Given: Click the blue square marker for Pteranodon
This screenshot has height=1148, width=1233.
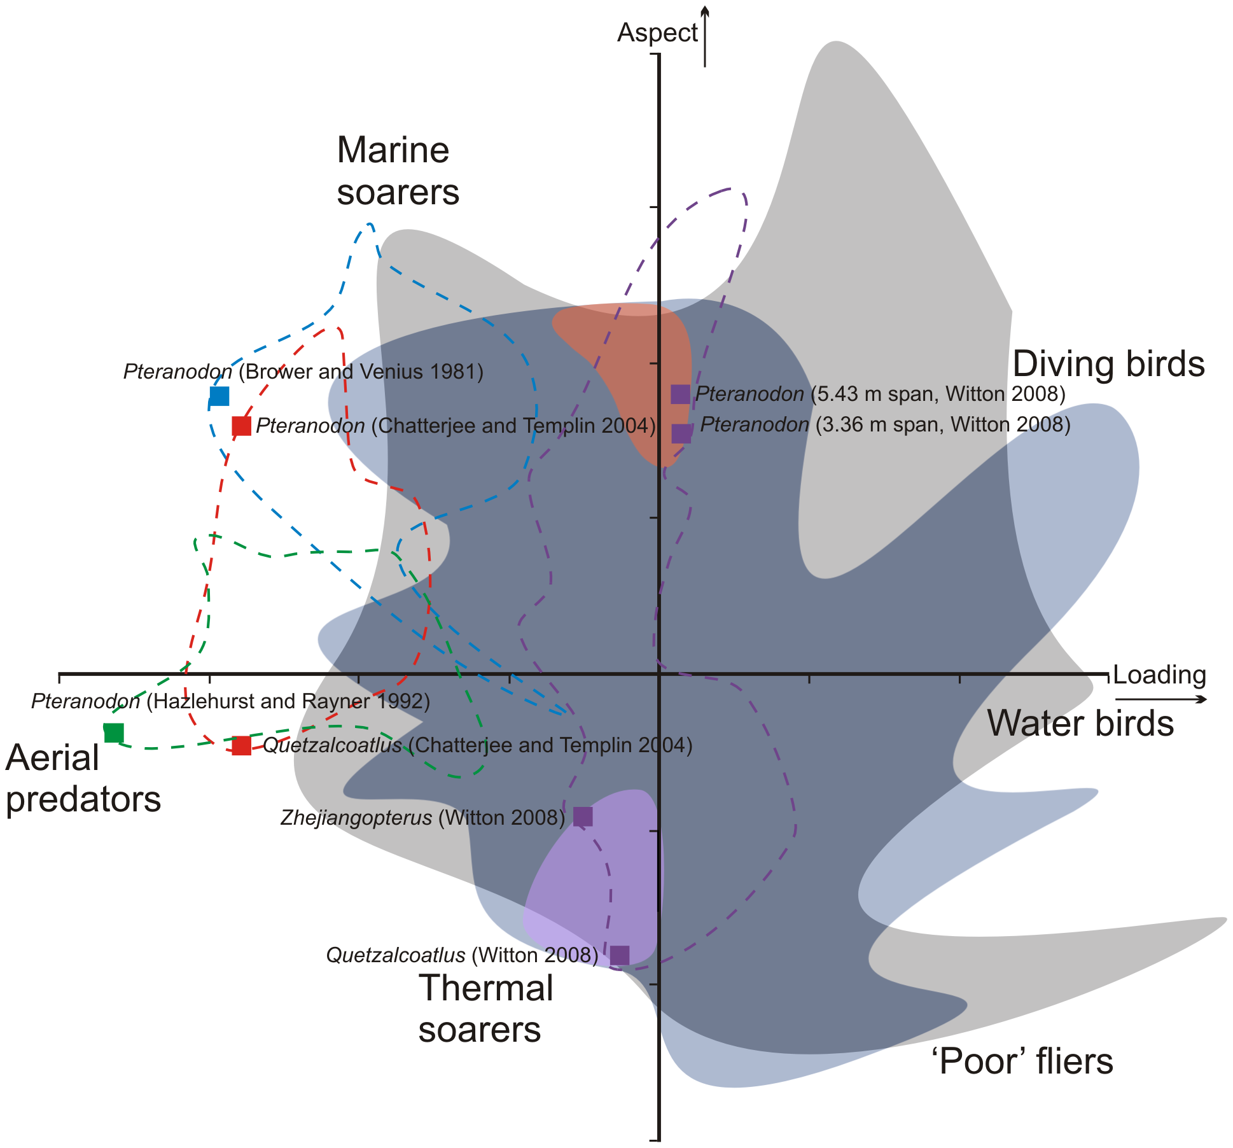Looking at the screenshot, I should (x=219, y=396).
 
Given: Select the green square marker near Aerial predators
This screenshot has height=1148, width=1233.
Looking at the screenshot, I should (x=113, y=732).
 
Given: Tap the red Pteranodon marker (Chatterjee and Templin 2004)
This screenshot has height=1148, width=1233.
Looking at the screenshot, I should (x=241, y=426).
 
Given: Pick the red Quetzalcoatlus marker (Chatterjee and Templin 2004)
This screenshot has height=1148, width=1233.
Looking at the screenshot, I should (x=241, y=745).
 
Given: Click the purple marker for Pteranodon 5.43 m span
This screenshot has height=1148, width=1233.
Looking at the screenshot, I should (x=680, y=394).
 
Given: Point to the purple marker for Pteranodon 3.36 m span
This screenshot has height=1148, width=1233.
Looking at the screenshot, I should (x=681, y=433).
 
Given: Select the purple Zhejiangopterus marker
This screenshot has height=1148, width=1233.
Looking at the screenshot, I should (x=583, y=816).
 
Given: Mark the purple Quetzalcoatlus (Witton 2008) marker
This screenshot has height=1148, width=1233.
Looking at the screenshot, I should (x=620, y=955).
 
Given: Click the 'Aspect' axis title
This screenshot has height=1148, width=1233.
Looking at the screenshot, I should (x=657, y=33).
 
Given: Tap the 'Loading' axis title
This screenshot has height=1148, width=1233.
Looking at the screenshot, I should (x=1159, y=675).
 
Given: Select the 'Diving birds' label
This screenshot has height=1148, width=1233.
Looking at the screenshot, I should (x=1108, y=364).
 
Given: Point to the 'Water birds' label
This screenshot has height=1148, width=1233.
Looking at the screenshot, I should (x=1080, y=724).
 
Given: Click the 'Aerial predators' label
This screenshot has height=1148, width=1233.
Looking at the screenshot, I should (x=83, y=778).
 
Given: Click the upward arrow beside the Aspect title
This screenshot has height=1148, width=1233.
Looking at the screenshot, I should (x=704, y=36).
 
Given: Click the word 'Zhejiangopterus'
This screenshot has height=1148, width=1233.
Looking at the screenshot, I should (x=356, y=818).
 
